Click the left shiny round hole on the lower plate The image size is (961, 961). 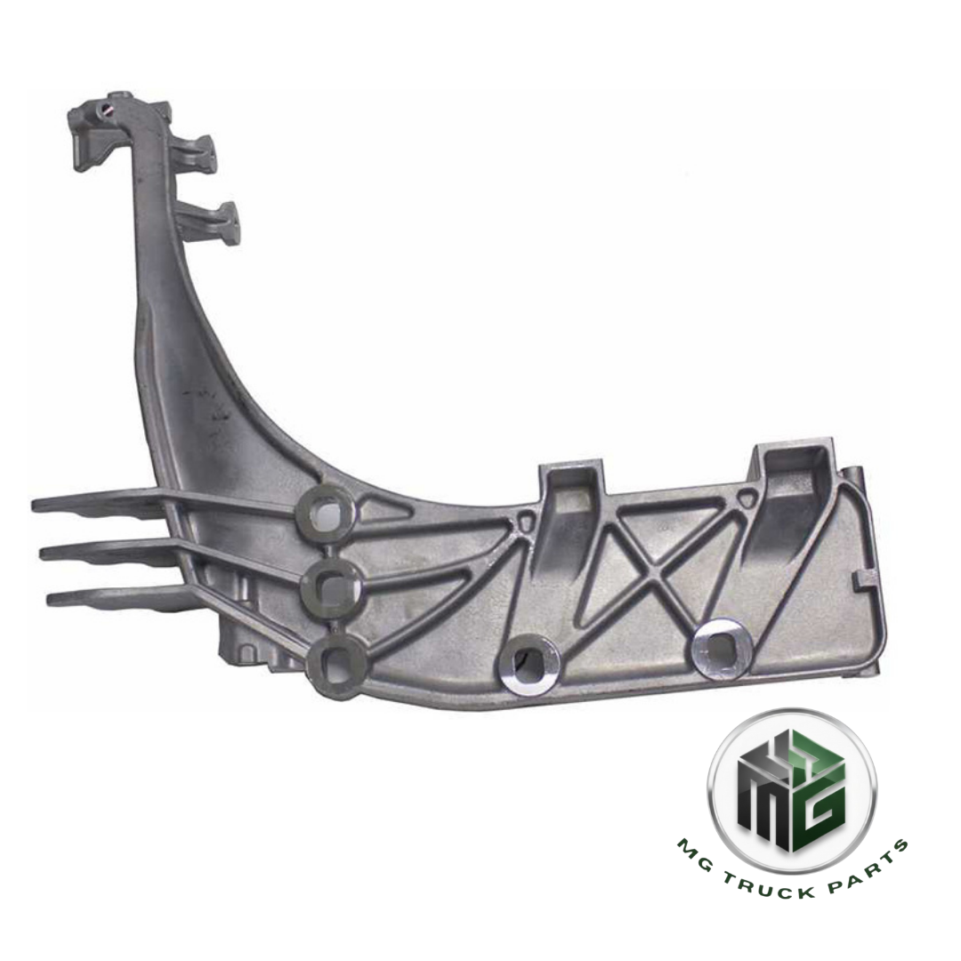point(529,661)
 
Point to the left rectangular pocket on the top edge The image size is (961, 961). point(572,498)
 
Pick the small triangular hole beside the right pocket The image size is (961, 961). point(752,499)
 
